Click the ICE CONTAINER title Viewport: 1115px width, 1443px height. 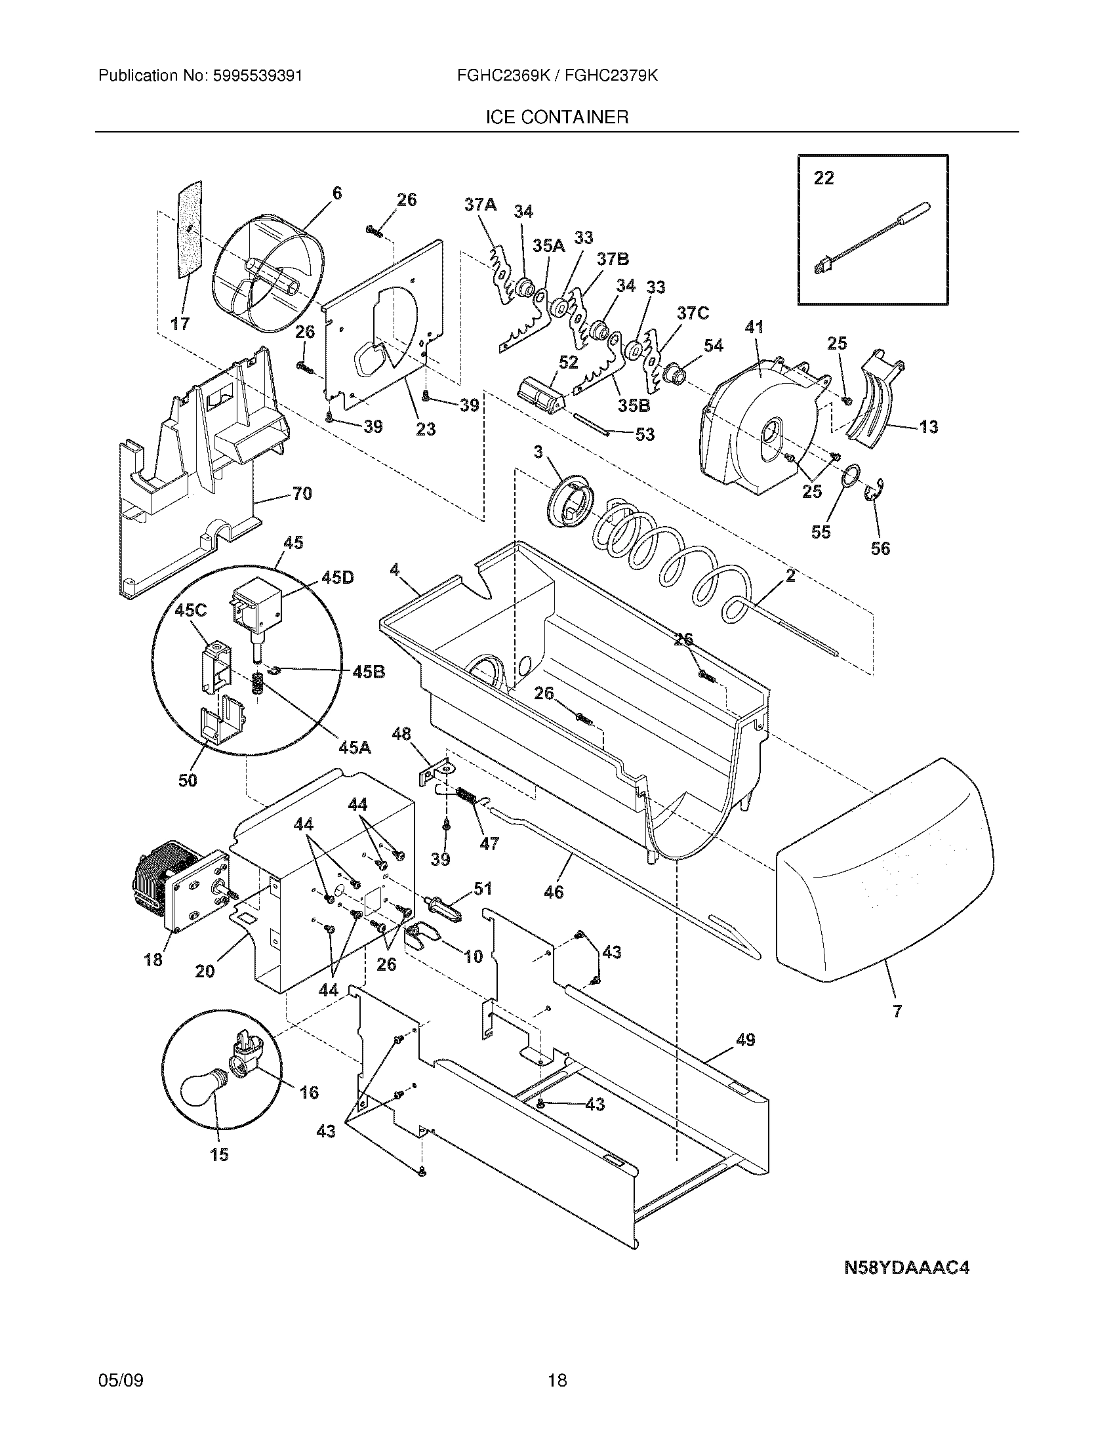[557, 117]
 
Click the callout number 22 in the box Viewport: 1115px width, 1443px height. [823, 178]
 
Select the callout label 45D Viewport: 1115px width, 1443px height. [337, 577]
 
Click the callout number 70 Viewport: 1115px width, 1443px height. [302, 493]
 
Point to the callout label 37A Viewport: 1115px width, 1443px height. [479, 205]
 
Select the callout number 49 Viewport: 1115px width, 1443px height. [745, 1040]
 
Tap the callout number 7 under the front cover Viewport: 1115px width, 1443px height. [897, 1011]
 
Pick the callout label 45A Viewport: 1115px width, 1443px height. [354, 747]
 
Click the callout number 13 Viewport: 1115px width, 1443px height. [928, 427]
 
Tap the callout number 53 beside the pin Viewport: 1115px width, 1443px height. [644, 434]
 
